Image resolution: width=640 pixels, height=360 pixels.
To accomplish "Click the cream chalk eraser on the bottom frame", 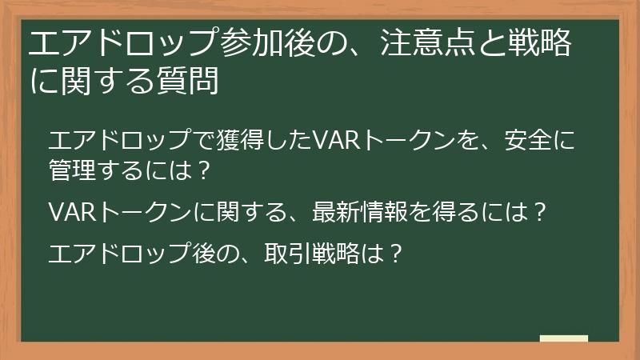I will [x=563, y=339].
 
